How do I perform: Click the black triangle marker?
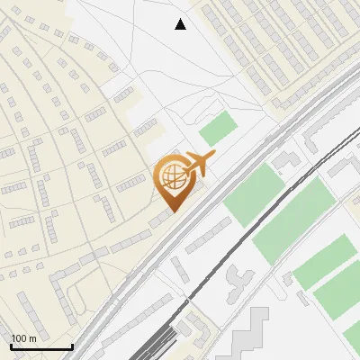(180, 24)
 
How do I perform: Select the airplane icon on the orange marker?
(197, 165)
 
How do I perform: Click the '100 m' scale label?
(22, 338)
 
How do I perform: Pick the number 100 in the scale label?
(18, 338)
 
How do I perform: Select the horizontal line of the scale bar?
(41, 347)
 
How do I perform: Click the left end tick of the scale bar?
(11, 346)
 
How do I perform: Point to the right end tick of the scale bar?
(72, 346)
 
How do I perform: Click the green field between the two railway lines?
(255, 193)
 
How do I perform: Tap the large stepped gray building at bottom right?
(253, 337)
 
